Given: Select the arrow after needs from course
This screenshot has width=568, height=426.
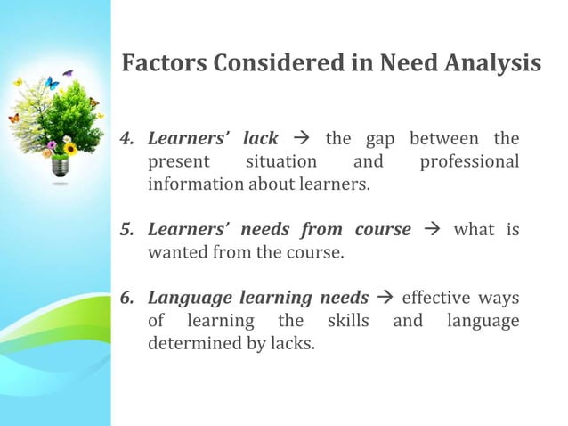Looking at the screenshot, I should click(433, 231).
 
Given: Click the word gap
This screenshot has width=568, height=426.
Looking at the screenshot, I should click(381, 140).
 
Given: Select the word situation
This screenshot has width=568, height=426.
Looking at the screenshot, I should click(280, 162).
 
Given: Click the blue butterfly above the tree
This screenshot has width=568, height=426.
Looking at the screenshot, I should click(52, 84).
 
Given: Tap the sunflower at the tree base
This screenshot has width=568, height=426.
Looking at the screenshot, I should click(70, 148).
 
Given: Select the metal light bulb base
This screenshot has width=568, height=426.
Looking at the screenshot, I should click(59, 168).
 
